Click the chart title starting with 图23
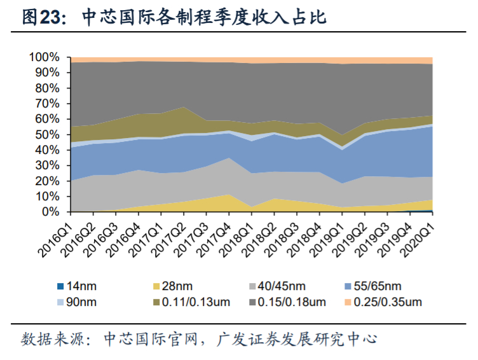pos(174,17)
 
